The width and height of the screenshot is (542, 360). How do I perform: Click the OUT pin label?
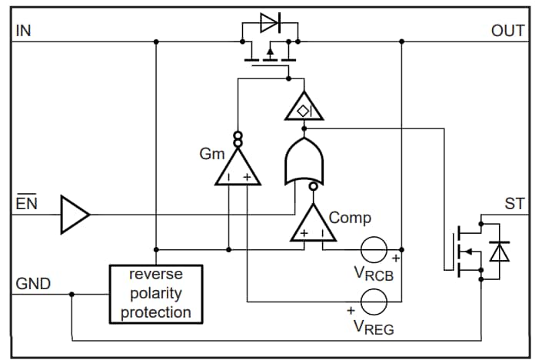pos(507,31)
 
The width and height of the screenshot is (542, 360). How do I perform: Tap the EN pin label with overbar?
pos(26,204)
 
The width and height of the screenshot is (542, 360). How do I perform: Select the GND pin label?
pos(33,284)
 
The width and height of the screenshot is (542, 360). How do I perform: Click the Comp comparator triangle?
pos(313,225)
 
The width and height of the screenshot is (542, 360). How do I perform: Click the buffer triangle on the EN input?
pos(74,213)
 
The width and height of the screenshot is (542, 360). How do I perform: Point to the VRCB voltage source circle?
pos(375,250)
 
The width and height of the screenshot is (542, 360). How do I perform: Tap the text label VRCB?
pos(374,273)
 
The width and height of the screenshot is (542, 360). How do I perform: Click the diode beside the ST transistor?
pos(500,251)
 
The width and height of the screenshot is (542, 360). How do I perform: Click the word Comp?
pos(350,218)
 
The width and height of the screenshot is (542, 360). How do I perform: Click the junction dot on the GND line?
pos(71,294)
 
